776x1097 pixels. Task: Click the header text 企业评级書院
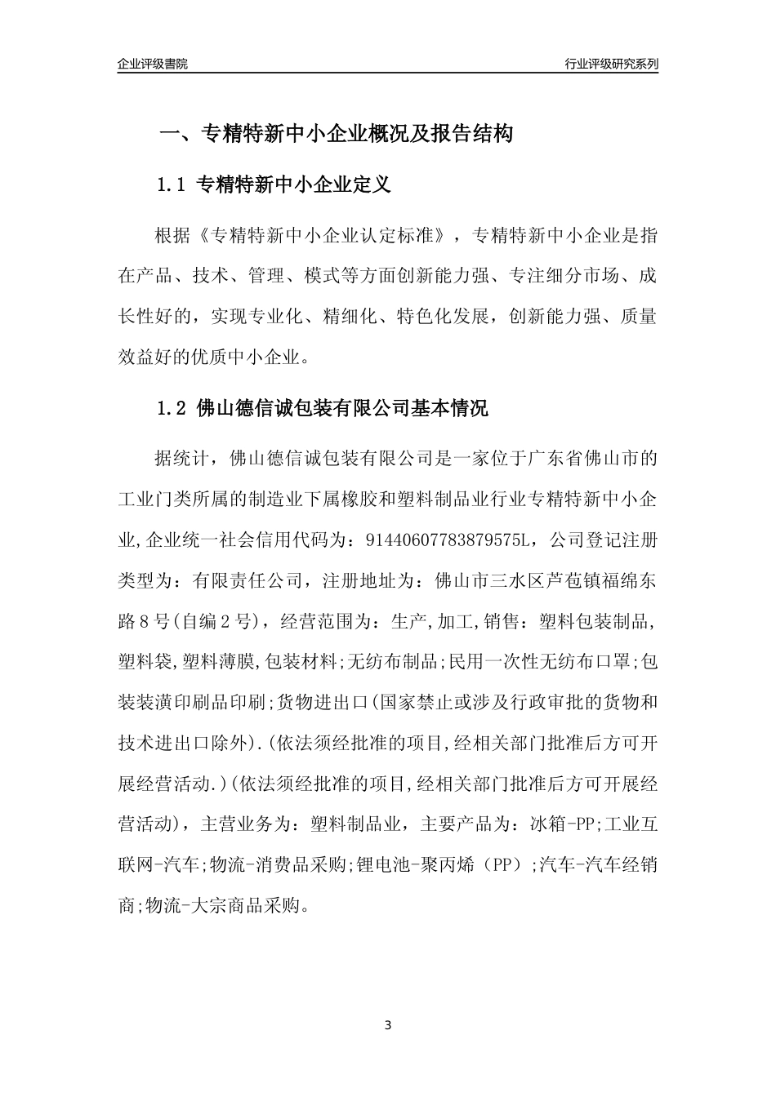[152, 64]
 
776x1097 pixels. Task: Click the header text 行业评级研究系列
[611, 64]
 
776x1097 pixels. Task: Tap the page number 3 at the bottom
[388, 1025]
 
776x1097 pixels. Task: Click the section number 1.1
[172, 185]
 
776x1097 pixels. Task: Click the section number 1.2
[172, 408]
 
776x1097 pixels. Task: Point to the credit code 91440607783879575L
[444, 540]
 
